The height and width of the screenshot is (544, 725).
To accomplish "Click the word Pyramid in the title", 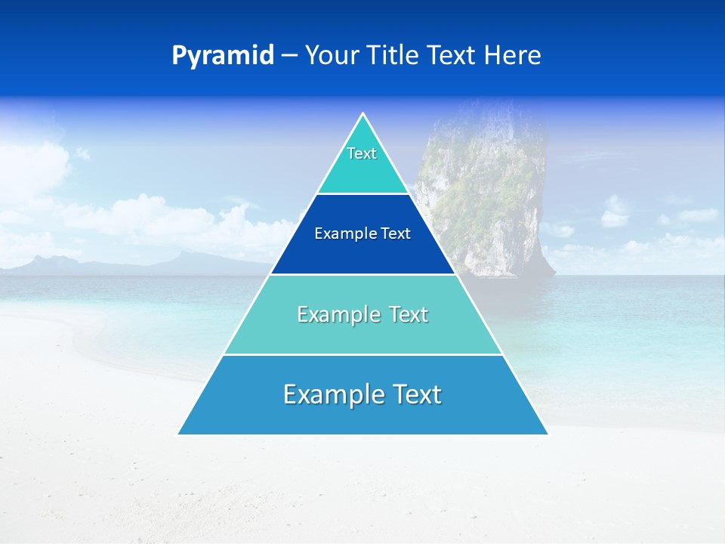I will (x=223, y=55).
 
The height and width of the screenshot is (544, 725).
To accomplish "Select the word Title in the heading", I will (x=393, y=55).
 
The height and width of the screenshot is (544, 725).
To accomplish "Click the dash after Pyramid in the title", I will (x=289, y=56).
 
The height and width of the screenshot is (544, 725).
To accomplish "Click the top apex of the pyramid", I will (x=362, y=114).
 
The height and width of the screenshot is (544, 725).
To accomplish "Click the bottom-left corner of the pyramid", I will (x=179, y=434).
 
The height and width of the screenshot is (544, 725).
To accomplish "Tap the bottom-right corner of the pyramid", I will (x=547, y=434).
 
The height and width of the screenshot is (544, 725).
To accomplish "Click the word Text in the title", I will (x=451, y=55).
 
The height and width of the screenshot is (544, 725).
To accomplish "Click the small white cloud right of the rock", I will (x=615, y=215).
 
